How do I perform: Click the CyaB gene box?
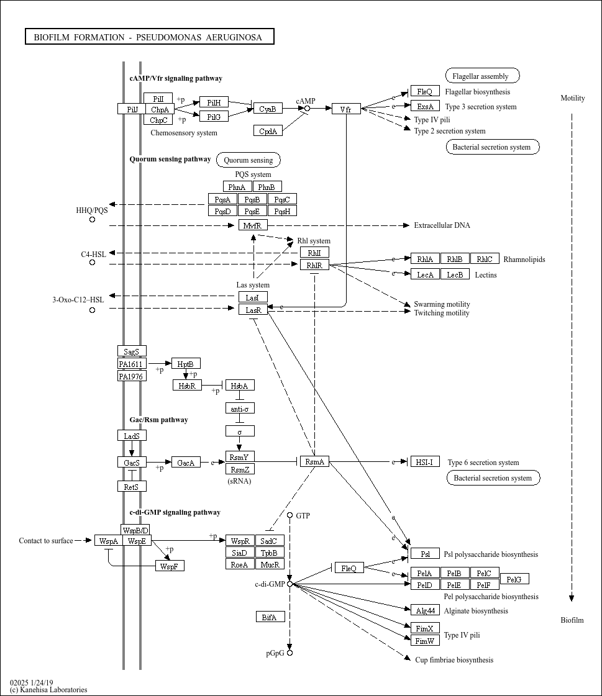click(x=268, y=108)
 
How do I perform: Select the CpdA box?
click(x=268, y=130)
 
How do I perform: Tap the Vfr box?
click(x=346, y=108)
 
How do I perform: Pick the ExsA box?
click(x=425, y=106)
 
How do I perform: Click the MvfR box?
click(x=253, y=225)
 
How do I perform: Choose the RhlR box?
click(x=314, y=264)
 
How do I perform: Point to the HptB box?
click(x=186, y=364)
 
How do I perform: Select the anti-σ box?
click(x=240, y=408)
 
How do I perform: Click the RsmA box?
click(x=314, y=461)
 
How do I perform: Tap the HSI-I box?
click(x=425, y=461)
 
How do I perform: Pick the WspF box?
click(x=170, y=566)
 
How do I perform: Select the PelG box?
click(x=514, y=579)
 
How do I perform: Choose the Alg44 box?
click(x=425, y=610)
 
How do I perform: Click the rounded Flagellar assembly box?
click(x=483, y=76)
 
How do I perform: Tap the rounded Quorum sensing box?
click(x=249, y=160)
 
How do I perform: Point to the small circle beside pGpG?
click(x=290, y=653)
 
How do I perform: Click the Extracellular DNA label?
click(x=442, y=225)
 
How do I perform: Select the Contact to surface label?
click(x=46, y=541)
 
